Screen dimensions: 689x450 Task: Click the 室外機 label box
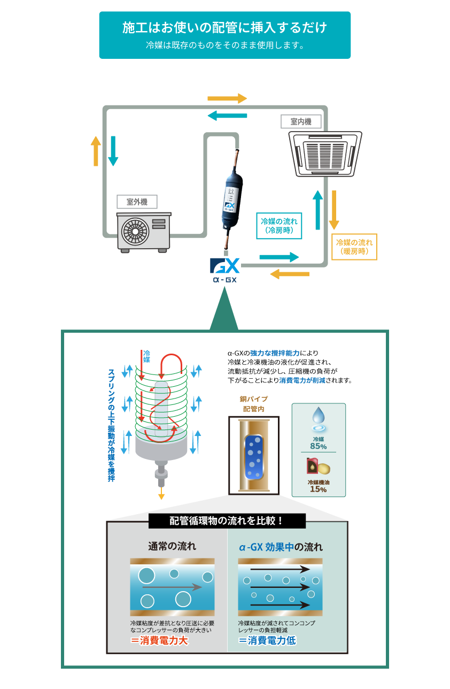(x=137, y=202)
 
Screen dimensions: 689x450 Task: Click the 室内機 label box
(x=301, y=121)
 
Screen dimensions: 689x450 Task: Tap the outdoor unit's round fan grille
(x=135, y=232)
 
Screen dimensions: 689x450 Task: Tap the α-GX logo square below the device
(x=224, y=270)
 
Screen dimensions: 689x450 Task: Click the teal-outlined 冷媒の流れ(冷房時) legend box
(x=279, y=225)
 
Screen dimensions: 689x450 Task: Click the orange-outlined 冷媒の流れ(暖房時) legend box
(x=354, y=247)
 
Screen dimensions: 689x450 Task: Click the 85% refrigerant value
(x=319, y=446)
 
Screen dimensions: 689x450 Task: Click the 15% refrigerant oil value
(x=319, y=489)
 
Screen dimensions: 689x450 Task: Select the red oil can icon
(x=312, y=466)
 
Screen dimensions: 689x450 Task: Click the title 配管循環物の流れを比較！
(x=227, y=520)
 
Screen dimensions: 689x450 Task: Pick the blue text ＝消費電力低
(x=267, y=641)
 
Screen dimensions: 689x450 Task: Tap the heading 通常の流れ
(x=172, y=546)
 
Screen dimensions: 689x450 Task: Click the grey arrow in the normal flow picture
(x=172, y=587)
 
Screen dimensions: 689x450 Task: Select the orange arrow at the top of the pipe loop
(x=227, y=98)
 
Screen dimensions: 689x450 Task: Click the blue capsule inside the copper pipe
(x=253, y=456)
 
